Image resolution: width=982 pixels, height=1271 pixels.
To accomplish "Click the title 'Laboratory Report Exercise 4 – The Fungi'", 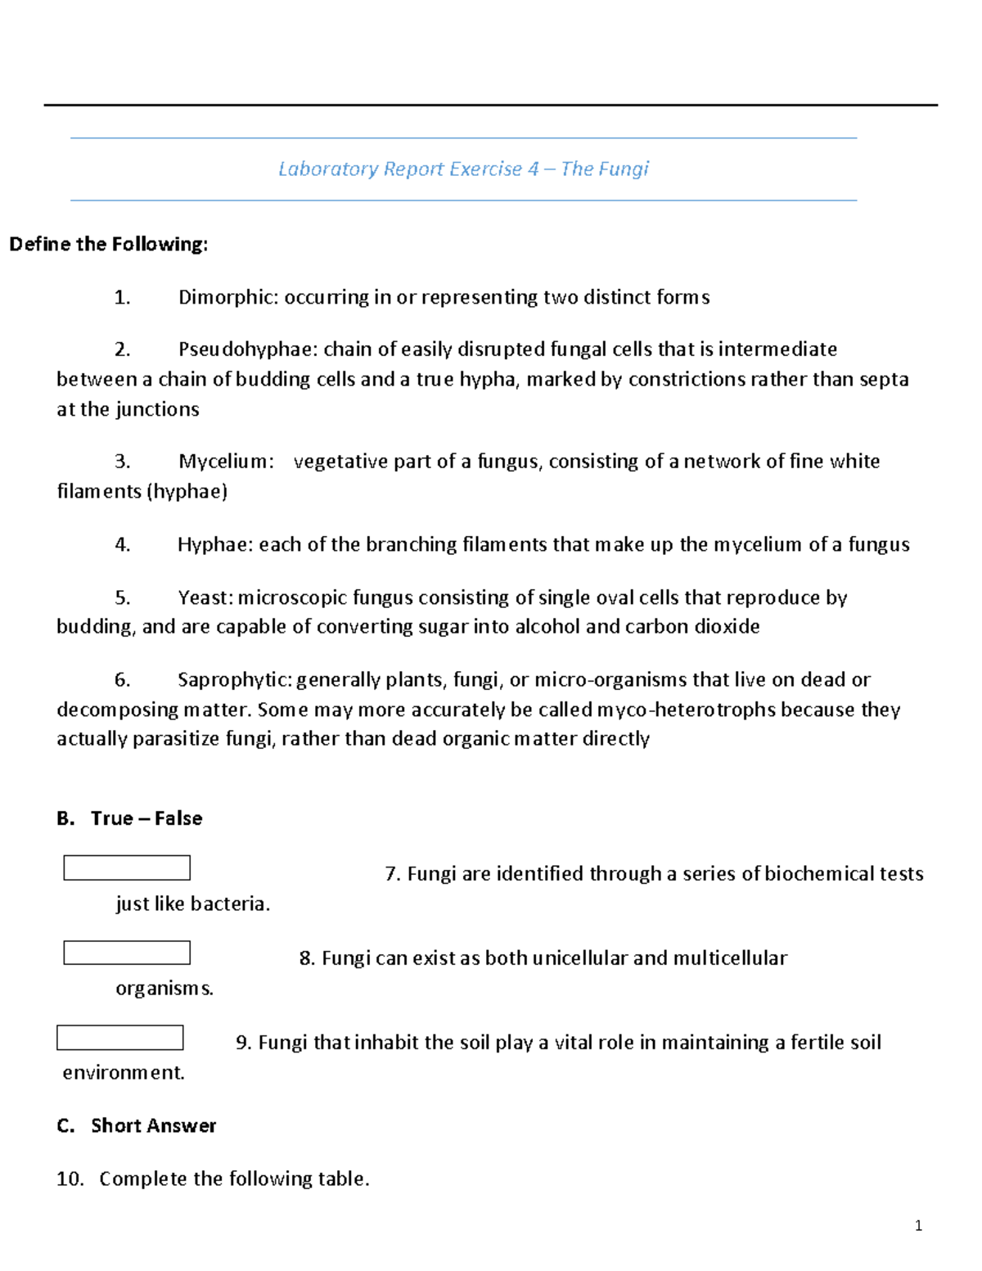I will coord(463,169).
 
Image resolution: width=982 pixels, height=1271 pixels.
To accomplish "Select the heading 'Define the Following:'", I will coord(109,244).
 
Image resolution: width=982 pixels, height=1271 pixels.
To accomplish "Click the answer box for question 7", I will coord(127,868).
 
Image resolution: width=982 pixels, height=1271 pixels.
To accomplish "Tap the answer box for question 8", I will coord(127,953).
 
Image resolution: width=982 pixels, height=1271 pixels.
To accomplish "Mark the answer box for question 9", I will coord(120,1038).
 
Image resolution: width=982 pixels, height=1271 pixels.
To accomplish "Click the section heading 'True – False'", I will coord(146,818).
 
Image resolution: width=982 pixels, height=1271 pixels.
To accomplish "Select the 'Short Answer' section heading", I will coord(153,1126).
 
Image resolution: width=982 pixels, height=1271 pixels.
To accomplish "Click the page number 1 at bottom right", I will coord(918,1225).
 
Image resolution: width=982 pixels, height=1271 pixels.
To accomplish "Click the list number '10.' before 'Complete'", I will coord(70,1179).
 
